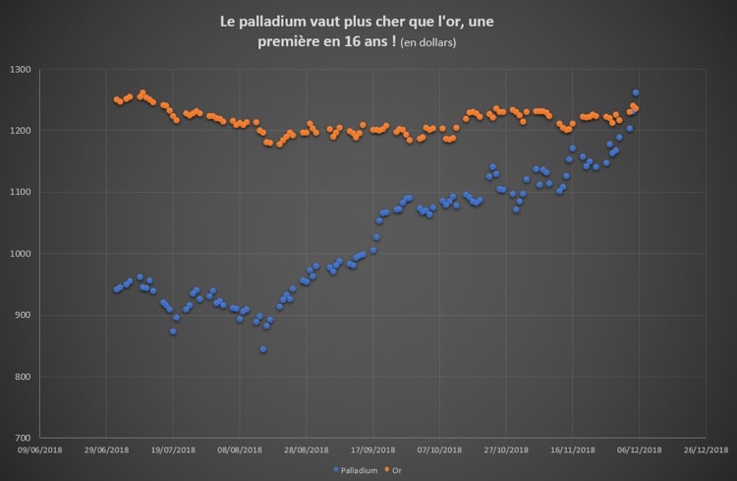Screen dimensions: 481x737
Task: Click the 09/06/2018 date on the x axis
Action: point(41,450)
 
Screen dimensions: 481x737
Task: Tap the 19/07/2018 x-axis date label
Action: point(174,450)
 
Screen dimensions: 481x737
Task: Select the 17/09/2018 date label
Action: point(373,450)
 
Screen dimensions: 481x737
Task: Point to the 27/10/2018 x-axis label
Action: point(506,450)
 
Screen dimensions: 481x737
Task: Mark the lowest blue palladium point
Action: point(263,349)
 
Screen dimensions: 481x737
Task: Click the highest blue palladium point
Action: point(636,92)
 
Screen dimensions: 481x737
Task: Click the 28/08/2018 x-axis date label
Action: point(307,450)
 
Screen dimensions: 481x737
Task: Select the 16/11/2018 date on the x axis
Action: point(572,450)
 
